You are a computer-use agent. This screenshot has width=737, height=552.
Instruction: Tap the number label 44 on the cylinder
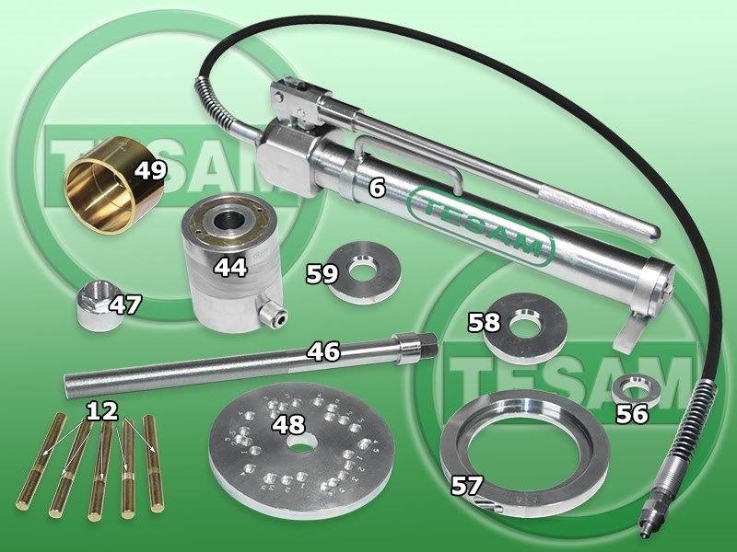pos(230,267)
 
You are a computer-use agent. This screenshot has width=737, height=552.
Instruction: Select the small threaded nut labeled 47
pos(97,310)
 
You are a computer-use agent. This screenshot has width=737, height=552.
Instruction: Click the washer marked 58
pos(524,328)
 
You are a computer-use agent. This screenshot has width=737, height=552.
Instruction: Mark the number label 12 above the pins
pos(102,411)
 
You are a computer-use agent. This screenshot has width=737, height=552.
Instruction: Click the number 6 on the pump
pos(377,188)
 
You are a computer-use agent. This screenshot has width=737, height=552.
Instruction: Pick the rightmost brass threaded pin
pos(153,463)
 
